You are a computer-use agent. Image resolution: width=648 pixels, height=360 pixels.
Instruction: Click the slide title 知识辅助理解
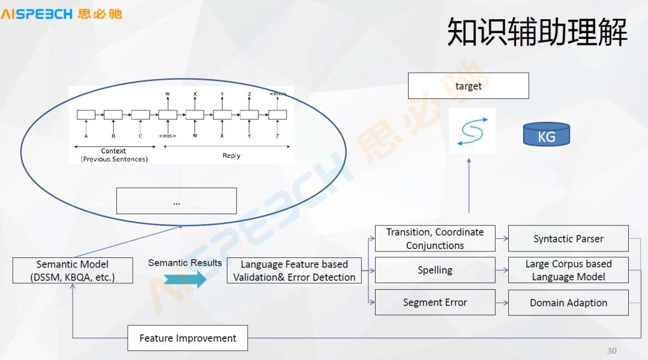tap(537, 32)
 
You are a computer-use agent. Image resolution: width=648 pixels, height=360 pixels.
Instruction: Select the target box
tap(468, 86)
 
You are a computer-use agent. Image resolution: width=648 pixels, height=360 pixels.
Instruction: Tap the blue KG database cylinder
tap(546, 135)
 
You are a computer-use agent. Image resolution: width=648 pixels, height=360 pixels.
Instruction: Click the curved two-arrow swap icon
tap(472, 131)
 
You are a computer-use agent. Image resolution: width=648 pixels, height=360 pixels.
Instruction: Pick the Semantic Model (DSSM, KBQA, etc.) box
tap(73, 271)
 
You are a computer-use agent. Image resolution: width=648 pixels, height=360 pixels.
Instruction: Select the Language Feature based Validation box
tap(294, 271)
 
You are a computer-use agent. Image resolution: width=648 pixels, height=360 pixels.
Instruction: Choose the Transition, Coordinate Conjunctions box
tap(435, 238)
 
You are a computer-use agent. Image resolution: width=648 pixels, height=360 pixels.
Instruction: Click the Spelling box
tap(435, 270)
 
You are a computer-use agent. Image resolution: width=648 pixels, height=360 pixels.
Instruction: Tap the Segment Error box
tap(435, 302)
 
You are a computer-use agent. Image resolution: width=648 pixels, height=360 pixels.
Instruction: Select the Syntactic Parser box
tap(568, 239)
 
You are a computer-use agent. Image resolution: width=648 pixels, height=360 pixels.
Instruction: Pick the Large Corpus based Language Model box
tap(568, 270)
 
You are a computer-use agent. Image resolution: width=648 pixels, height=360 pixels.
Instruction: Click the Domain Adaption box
tap(568, 302)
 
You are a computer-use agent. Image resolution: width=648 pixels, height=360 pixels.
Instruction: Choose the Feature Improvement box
tap(188, 338)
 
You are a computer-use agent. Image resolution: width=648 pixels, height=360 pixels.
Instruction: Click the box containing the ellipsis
tap(176, 201)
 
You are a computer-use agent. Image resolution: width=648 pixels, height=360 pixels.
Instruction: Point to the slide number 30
tap(611, 351)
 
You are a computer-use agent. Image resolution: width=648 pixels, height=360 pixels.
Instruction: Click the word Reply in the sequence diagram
tap(231, 155)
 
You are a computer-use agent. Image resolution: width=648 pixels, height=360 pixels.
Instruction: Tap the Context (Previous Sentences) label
tap(114, 155)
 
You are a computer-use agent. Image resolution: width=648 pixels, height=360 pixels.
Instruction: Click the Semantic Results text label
tap(185, 263)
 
